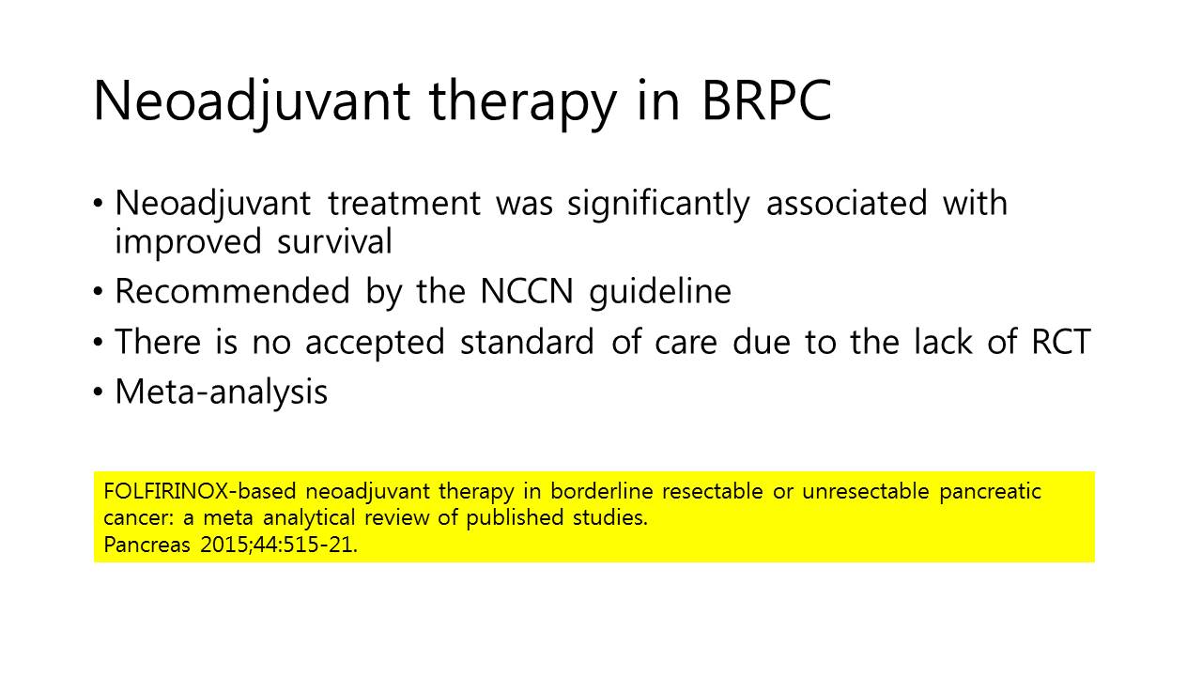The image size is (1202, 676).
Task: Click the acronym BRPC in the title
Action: [x=767, y=100]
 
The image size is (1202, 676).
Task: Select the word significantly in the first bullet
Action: [x=658, y=205]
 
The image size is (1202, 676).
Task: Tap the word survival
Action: [x=335, y=241]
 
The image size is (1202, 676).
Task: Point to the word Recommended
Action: [x=232, y=291]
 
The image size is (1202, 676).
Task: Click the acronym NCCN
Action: [x=527, y=291]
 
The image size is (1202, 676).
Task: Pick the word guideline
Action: [x=660, y=293]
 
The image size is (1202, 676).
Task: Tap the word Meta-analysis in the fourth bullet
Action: [x=221, y=392]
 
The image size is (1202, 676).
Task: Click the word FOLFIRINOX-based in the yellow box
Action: [x=200, y=491]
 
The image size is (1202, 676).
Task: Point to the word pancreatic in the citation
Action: [x=990, y=492]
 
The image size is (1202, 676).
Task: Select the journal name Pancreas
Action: [x=147, y=545]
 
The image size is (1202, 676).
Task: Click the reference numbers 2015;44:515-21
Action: [x=279, y=545]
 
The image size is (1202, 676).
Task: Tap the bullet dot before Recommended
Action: [x=98, y=292]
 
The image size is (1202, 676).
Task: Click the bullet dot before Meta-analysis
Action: [x=98, y=392]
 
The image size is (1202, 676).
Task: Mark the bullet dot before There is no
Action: [x=98, y=343]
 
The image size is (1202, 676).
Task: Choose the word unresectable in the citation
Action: [x=866, y=491]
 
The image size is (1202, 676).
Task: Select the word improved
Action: [x=189, y=242]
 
